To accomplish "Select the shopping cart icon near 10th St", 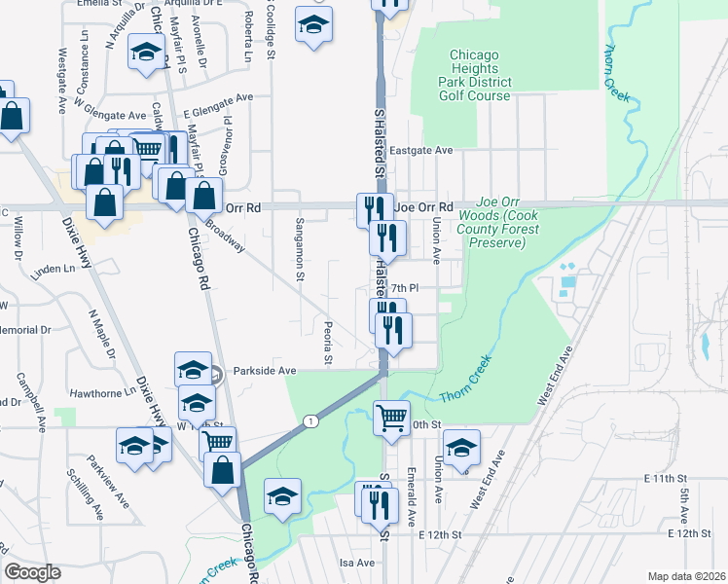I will [x=391, y=418].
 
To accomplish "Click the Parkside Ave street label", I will [x=264, y=371].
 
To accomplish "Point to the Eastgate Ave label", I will [x=421, y=151].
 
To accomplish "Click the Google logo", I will [x=33, y=572].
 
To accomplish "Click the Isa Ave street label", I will [x=356, y=563].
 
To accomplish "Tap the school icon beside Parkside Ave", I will [x=193, y=368].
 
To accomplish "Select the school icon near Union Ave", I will [x=461, y=447].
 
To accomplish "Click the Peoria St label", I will [x=330, y=341].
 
